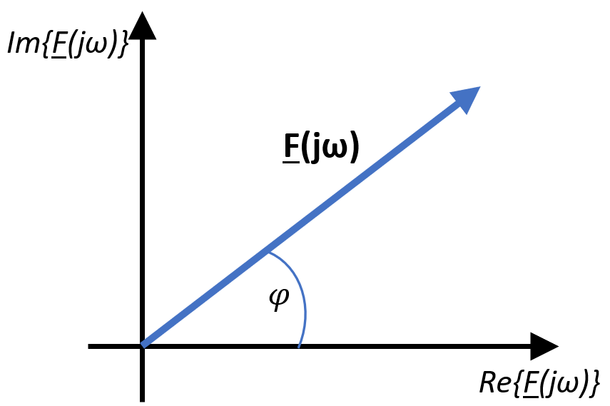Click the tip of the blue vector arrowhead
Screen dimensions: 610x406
(x=480, y=87)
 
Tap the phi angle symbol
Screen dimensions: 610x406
(x=280, y=298)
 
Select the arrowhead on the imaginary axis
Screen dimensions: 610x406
(x=143, y=26)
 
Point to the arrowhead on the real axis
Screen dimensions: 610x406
(x=544, y=346)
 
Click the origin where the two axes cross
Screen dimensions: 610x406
(x=143, y=346)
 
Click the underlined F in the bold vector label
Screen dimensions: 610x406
(x=291, y=147)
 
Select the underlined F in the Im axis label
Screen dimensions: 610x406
(x=58, y=45)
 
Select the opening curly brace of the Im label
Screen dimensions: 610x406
(x=44, y=44)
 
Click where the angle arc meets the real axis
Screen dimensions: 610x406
(x=299, y=345)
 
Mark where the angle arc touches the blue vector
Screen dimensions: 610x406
(x=269, y=253)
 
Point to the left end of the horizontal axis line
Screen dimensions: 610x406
(x=88, y=346)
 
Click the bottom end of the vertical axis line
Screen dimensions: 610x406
(x=143, y=401)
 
